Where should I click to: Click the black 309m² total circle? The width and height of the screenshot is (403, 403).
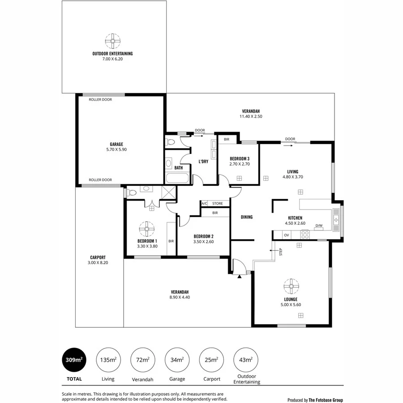tap(73, 359)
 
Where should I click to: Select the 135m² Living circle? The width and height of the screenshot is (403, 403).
tap(108, 359)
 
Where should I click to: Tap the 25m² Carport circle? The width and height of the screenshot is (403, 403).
tap(211, 359)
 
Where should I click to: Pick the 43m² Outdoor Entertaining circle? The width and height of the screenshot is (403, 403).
tap(246, 359)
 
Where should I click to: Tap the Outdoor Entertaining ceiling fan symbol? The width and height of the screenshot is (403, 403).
tap(112, 41)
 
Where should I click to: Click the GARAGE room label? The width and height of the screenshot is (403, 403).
tap(116, 144)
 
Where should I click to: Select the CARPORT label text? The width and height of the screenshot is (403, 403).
tap(98, 257)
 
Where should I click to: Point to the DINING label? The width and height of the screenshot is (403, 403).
tap(247, 217)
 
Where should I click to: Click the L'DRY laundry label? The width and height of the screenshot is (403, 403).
tap(203, 162)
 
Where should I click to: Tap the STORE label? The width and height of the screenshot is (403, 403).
tap(218, 203)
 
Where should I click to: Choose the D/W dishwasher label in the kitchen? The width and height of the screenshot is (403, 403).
tap(319, 226)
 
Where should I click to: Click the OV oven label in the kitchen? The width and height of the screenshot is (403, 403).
tap(286, 234)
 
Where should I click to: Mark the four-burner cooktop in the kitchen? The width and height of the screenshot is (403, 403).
tap(305, 234)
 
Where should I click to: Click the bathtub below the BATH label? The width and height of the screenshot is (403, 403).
tap(178, 179)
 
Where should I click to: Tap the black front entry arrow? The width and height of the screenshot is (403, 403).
tap(240, 276)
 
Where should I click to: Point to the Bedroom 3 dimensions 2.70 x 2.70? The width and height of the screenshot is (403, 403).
tap(239, 164)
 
